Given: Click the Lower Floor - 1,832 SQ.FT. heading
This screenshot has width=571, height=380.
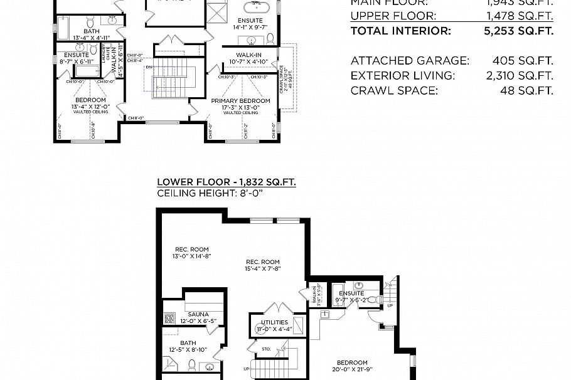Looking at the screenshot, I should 227,182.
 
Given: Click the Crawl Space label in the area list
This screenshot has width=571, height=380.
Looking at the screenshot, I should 393,91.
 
